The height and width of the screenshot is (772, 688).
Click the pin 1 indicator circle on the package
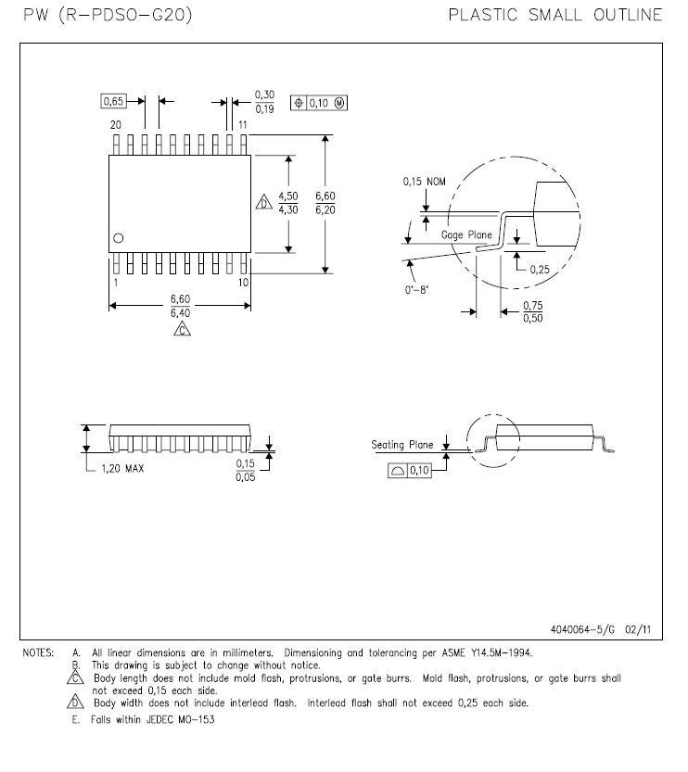[118, 239]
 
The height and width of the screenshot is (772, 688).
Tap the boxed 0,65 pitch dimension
[113, 100]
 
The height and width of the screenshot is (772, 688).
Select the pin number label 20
[116, 124]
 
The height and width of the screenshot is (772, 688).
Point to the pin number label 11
[242, 124]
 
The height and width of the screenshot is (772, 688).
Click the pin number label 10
[242, 282]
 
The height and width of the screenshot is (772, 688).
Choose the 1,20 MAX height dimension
[122, 468]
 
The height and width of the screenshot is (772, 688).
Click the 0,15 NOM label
[424, 182]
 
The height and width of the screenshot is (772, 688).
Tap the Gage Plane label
[466, 235]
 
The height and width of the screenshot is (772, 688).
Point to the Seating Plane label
[401, 445]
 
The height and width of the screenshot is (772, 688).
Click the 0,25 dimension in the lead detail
[539, 269]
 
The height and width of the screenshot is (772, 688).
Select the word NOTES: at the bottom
[38, 653]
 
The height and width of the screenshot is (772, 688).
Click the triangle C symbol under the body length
[181, 329]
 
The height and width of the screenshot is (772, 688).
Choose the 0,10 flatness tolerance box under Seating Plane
[409, 471]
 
